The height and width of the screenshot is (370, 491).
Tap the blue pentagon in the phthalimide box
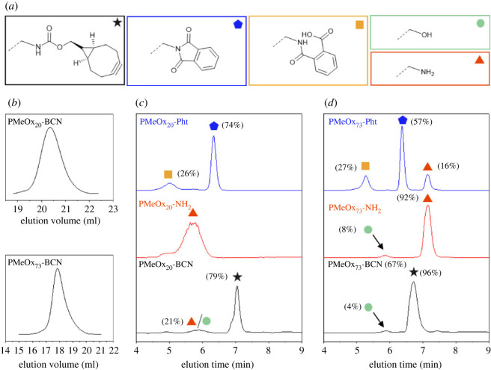click(237, 25)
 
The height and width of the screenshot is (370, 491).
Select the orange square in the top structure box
click(359, 25)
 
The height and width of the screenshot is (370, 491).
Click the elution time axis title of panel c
click(219, 362)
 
